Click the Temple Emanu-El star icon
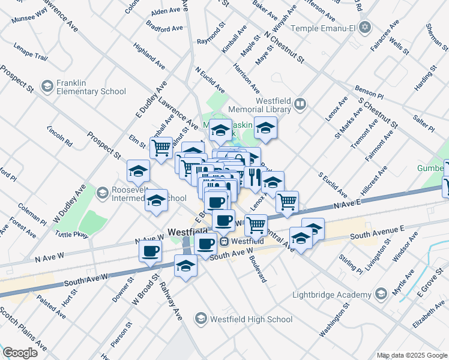[x=364, y=28]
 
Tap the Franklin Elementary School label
[x=91, y=87]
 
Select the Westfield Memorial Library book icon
[x=301, y=106]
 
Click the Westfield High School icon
[x=201, y=319]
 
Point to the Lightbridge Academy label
[x=331, y=295]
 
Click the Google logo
[x=20, y=353]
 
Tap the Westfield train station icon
[x=224, y=241]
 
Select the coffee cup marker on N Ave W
[x=150, y=250]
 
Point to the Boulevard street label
[x=255, y=269]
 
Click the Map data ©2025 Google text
[x=412, y=355]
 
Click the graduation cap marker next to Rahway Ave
[x=186, y=265]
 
